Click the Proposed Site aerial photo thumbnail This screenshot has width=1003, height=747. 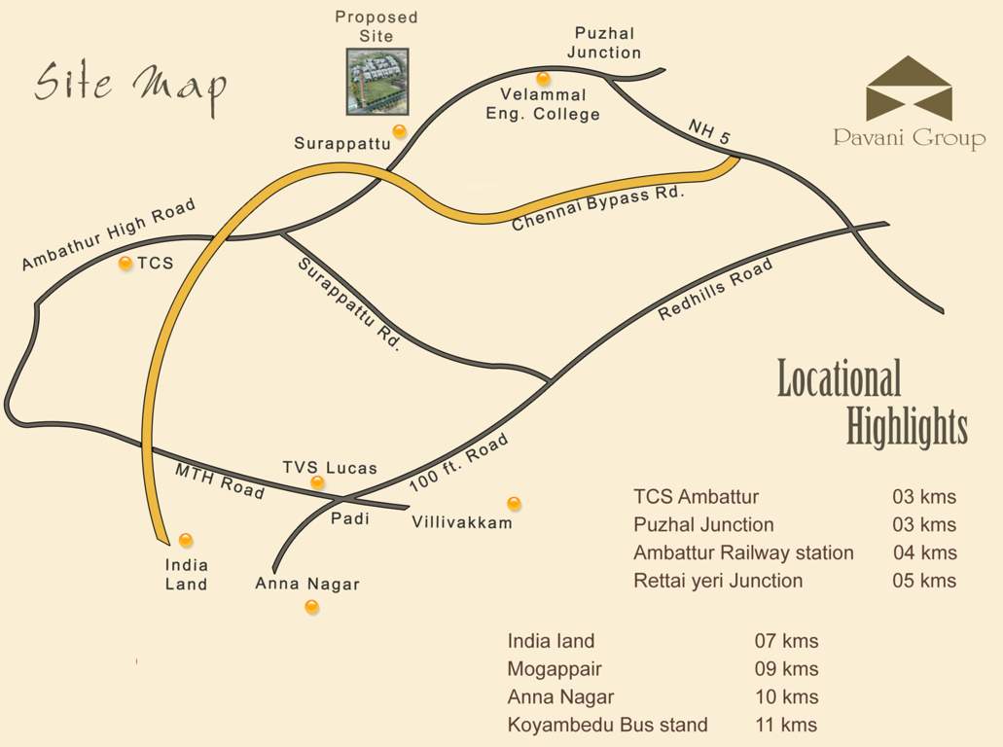click(x=377, y=81)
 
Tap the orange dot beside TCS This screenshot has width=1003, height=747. click(x=125, y=263)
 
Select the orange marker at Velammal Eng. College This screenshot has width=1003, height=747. click(x=543, y=79)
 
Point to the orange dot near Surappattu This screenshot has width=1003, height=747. click(x=399, y=131)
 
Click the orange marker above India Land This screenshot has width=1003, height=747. click(x=186, y=540)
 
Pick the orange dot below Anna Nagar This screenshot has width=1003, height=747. click(x=311, y=607)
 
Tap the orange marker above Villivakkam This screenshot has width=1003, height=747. click(x=514, y=503)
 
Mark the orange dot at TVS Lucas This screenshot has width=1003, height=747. click(x=317, y=482)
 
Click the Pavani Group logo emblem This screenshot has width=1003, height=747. click(x=909, y=89)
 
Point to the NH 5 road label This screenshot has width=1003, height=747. click(x=708, y=133)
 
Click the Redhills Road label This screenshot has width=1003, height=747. click(x=716, y=290)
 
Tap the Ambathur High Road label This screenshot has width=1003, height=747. click(x=108, y=234)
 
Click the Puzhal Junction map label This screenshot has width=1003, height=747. click(x=604, y=43)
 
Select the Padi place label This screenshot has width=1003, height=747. click(x=350, y=518)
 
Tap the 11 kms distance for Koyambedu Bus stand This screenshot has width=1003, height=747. click(x=785, y=725)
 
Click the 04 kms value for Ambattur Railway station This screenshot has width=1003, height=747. click(x=924, y=552)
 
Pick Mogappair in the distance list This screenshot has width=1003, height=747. click(x=555, y=669)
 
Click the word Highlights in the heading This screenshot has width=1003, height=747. click(x=907, y=427)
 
